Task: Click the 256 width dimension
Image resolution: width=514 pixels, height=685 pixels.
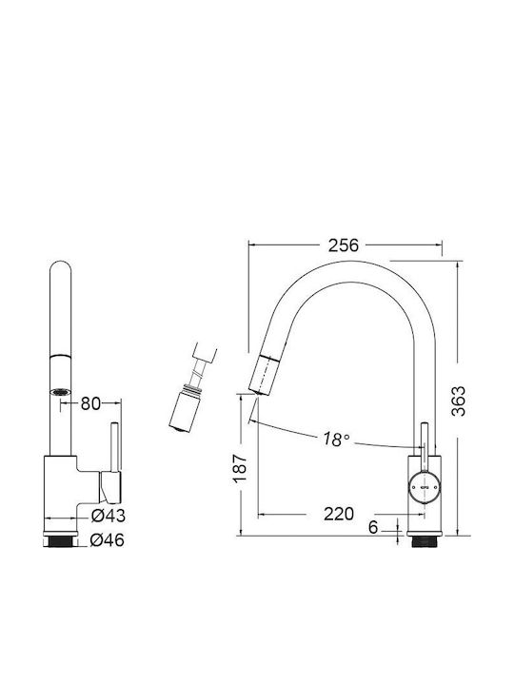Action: (x=343, y=245)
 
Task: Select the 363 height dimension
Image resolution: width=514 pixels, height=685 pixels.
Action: (x=459, y=401)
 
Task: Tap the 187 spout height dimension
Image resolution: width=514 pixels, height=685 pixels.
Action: (x=241, y=468)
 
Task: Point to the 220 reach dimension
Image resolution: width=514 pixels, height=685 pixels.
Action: (x=339, y=514)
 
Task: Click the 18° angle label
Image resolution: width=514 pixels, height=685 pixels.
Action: (x=336, y=439)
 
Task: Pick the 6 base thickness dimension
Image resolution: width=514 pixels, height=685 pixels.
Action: (x=373, y=527)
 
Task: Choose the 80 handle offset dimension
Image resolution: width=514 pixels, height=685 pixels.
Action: (x=90, y=403)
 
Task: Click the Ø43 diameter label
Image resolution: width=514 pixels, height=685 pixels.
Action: (x=108, y=516)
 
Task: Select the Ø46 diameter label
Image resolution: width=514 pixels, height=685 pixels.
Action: (x=107, y=540)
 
